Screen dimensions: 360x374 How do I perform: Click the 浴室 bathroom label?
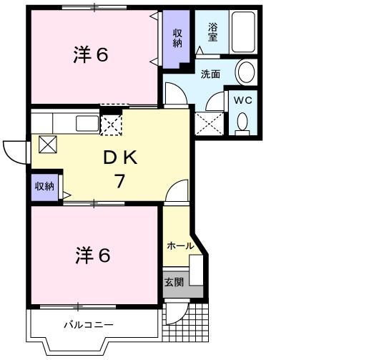pyautogui.click(x=213, y=32)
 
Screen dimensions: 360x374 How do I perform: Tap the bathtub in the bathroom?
pyautogui.click(x=243, y=32)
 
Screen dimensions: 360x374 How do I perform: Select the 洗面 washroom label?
pyautogui.click(x=210, y=73)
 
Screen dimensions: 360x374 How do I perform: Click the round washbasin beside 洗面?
pyautogui.click(x=246, y=72)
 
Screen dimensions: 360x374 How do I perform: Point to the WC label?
pyautogui.click(x=244, y=100)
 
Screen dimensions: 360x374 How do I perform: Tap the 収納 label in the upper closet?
pyautogui.click(x=177, y=37)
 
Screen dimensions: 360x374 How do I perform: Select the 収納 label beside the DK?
pyautogui.click(x=44, y=186)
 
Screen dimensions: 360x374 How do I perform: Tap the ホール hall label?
pyautogui.click(x=179, y=245)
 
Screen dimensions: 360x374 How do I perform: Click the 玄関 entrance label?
pyautogui.click(x=174, y=282)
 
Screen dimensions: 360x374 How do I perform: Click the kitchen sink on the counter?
pyautogui.click(x=88, y=122)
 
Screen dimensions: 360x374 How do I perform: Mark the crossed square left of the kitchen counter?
pyautogui.click(x=47, y=144)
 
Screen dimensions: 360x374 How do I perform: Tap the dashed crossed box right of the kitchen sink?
pyautogui.click(x=112, y=124)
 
